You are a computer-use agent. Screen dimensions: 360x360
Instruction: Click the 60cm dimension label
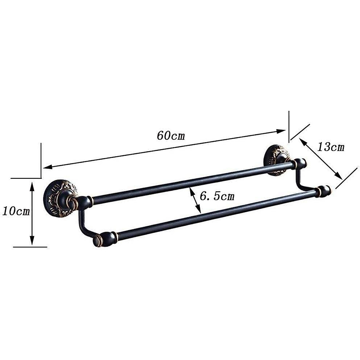[x=171, y=136]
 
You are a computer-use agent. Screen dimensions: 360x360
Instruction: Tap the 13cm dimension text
[x=331, y=147]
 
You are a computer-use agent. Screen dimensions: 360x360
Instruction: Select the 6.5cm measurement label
[x=217, y=196]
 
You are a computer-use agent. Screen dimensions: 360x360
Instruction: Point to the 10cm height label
[x=16, y=211]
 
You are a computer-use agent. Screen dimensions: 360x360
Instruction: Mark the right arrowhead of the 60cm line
[x=282, y=131]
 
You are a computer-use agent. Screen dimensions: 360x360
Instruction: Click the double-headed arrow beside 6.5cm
[x=195, y=199]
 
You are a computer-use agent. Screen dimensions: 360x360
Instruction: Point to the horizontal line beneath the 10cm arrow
[x=30, y=247]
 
